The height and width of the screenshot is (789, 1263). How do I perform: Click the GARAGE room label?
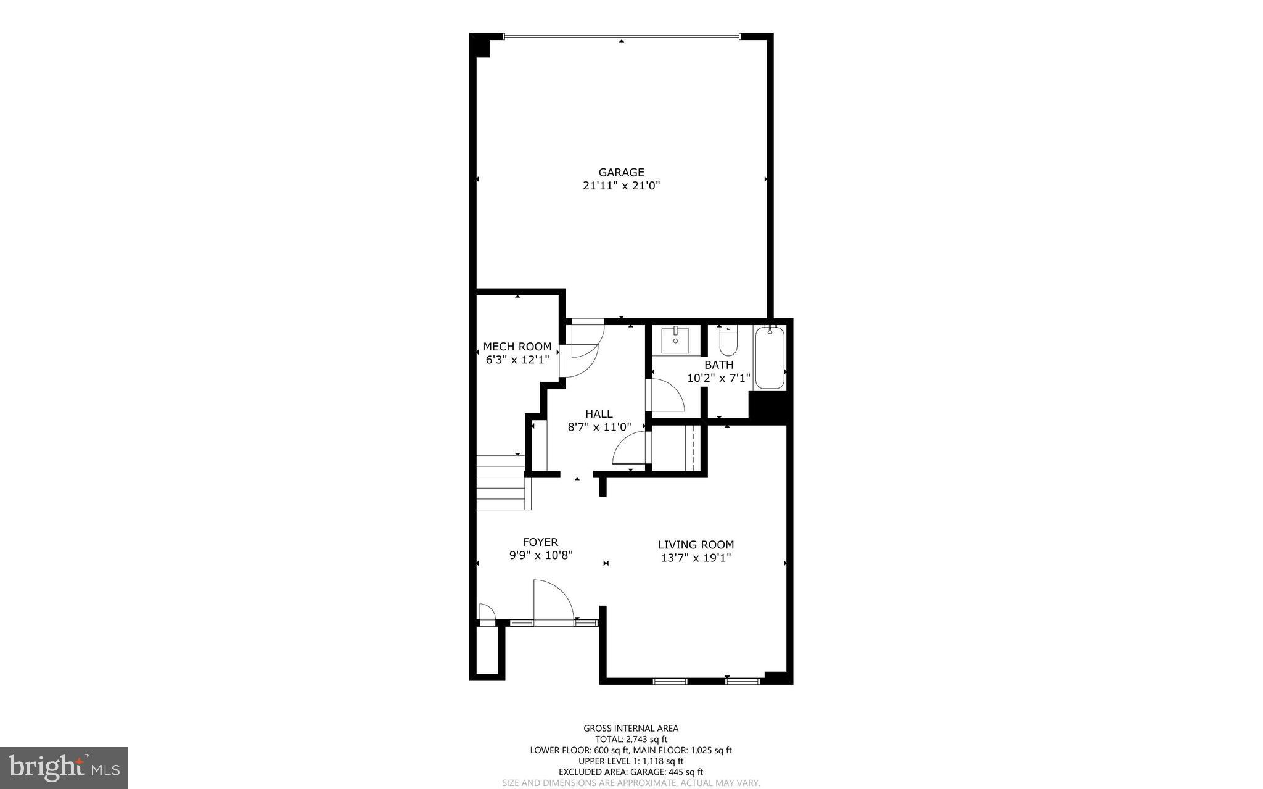[621, 173]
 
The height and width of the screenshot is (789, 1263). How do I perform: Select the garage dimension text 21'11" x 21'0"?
[621, 186]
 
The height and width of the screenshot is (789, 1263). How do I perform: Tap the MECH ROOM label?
[517, 347]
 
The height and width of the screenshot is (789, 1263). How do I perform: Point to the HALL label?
[599, 414]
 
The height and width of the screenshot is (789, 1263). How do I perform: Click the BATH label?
[718, 365]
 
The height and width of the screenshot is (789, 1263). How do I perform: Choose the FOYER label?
[540, 542]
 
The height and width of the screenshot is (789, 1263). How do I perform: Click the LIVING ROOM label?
[696, 545]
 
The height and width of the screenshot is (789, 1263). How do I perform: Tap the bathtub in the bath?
[769, 358]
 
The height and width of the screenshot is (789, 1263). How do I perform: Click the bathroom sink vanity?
[675, 341]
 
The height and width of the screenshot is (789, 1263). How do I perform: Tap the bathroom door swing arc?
[666, 396]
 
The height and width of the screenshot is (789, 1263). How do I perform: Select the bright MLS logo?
[64, 767]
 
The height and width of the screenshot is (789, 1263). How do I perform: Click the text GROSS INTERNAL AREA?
[631, 729]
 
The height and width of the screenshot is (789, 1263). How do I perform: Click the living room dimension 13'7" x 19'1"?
[696, 558]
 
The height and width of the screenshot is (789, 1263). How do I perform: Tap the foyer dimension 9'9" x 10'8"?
[541, 555]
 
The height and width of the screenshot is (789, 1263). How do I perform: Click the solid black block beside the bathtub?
[768, 408]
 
